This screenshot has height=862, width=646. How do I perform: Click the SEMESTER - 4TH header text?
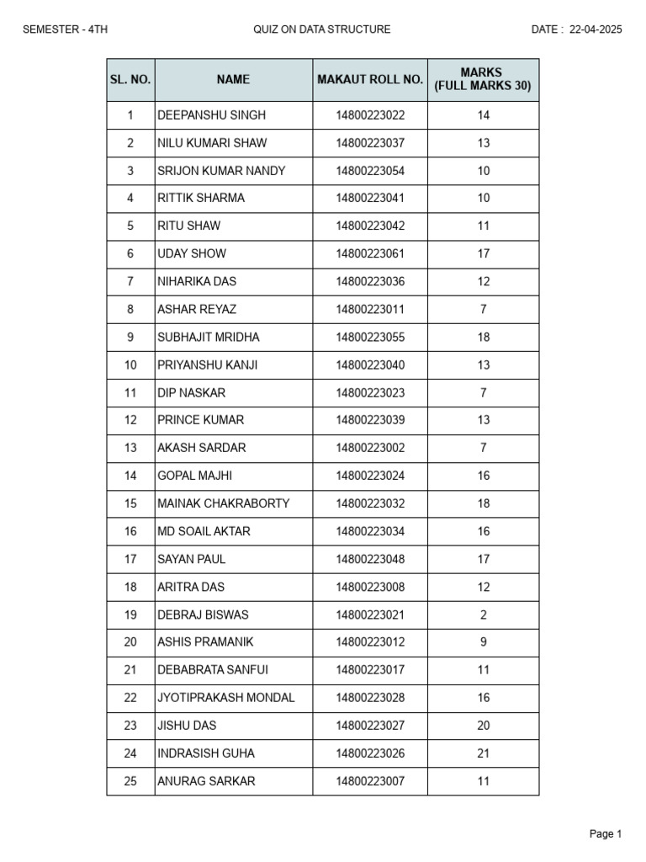[x=65, y=29]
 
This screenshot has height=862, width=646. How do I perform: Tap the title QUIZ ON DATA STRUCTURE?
[x=322, y=29]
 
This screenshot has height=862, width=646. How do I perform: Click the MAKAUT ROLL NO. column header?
[x=370, y=80]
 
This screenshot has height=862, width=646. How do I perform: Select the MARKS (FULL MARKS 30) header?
[x=483, y=80]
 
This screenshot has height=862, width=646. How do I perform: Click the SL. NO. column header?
[x=130, y=80]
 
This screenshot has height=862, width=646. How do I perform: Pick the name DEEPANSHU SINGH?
[x=200, y=115]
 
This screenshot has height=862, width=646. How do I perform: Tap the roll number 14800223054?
[x=370, y=171]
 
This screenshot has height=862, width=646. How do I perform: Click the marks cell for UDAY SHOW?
[x=483, y=253]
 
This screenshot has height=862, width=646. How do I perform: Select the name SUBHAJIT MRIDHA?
[x=209, y=337]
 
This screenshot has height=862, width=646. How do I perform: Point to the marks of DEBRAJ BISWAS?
[x=483, y=615]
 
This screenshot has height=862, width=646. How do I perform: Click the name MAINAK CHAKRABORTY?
[x=224, y=503]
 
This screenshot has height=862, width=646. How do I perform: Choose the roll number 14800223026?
[x=370, y=753]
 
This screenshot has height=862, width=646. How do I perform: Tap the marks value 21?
[x=483, y=753]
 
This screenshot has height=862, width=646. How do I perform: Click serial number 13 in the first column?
[x=130, y=448]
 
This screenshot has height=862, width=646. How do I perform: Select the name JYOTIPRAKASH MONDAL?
[x=226, y=698]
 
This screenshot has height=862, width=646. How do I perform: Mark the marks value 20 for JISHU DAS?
[x=483, y=726]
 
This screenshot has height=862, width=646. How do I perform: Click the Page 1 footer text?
[x=606, y=834]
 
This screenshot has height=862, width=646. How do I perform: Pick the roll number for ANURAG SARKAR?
[x=370, y=781]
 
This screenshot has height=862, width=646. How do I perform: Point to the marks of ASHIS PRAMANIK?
[x=483, y=642]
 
